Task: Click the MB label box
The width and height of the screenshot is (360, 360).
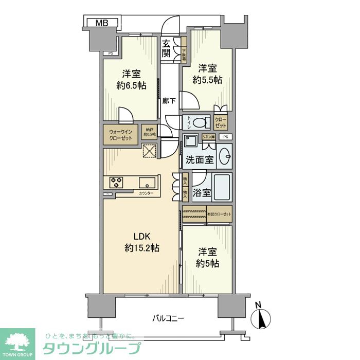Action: pos(101,22)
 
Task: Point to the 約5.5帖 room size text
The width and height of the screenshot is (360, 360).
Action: pos(207,80)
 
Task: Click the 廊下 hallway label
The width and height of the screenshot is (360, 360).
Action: pos(169,101)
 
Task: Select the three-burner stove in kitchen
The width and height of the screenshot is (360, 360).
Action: pos(116,182)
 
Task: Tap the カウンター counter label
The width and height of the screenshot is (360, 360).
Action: pos(146,193)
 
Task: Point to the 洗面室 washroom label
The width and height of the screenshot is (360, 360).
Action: pos(199,160)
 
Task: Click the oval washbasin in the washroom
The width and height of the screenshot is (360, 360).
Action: pos(224,156)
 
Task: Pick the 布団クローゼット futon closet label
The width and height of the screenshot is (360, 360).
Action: pos(220,214)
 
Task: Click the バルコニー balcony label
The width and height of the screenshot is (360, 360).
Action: pos(168,318)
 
